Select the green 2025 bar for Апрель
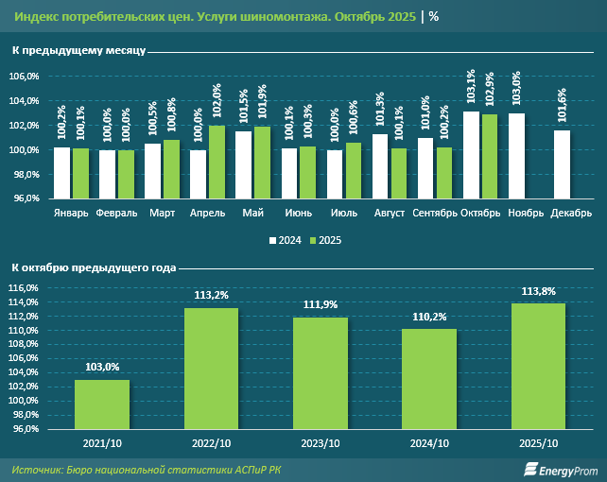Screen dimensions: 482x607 coord(217,162)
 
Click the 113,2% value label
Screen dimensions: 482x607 coord(211,294)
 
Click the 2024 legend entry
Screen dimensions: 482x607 coord(285,241)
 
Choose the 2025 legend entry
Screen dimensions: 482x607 coord(325,241)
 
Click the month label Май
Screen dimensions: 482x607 coord(252,213)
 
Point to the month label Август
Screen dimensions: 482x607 coord(390,213)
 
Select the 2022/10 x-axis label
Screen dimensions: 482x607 coord(211,442)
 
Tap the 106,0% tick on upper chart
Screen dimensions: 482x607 coord(25,77)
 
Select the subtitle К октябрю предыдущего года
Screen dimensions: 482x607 coord(94,268)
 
